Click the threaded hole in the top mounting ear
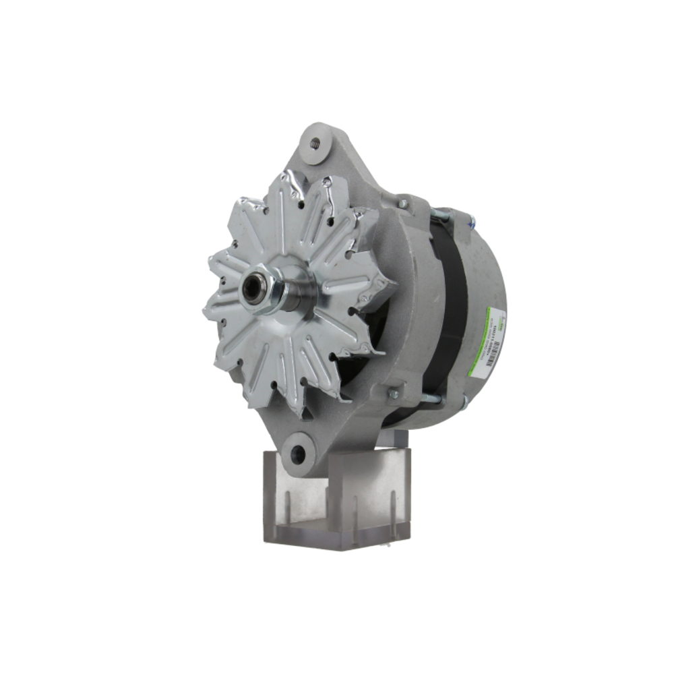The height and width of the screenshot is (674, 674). coord(314,142)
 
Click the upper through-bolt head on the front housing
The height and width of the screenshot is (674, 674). coord(402,203)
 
